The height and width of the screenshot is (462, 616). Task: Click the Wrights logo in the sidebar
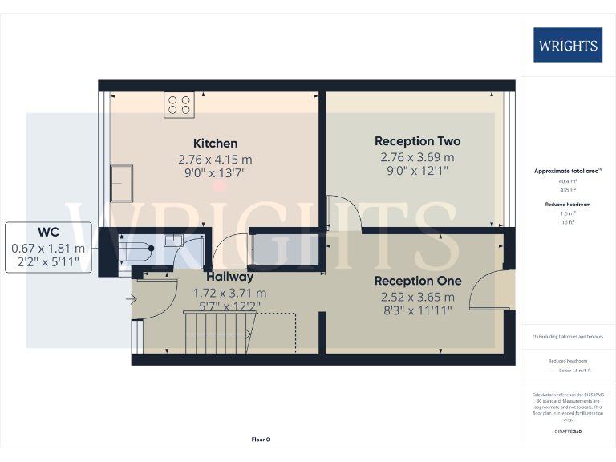(x=568, y=45)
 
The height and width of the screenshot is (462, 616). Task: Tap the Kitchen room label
(x=215, y=144)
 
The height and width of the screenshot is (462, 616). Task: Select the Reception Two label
(x=417, y=141)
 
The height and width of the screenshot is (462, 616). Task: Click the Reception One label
(x=417, y=281)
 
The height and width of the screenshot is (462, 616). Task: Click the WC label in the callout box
(x=48, y=233)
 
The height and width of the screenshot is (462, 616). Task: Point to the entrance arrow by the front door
(x=131, y=300)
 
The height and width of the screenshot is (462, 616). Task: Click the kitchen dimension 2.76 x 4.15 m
(x=215, y=159)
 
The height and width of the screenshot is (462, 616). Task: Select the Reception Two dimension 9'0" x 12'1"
(x=417, y=170)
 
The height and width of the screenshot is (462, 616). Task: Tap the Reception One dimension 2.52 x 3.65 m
(x=417, y=296)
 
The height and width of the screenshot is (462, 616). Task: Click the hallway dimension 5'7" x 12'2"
(x=229, y=306)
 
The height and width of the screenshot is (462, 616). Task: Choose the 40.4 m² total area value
(x=568, y=181)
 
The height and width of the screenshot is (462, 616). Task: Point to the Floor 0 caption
(x=261, y=440)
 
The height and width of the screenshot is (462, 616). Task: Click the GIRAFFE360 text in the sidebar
(x=568, y=432)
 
